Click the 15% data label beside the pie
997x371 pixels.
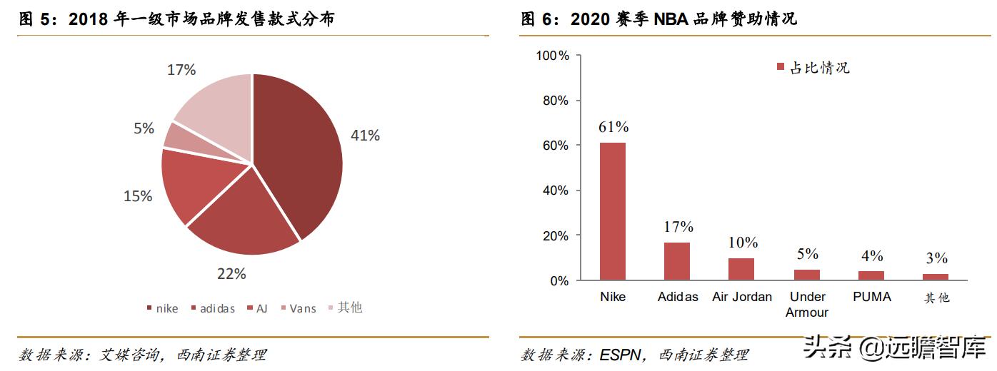click(x=138, y=195)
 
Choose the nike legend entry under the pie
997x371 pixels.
click(x=162, y=308)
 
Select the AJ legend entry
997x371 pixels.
click(x=256, y=308)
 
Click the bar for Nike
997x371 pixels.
click(x=612, y=211)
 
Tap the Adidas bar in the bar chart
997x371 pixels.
click(x=677, y=261)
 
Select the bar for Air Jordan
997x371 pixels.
click(x=741, y=269)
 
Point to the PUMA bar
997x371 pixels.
click(x=871, y=275)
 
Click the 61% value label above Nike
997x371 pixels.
click(x=613, y=128)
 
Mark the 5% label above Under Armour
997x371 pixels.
click(x=807, y=255)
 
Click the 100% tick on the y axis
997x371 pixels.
click(x=553, y=56)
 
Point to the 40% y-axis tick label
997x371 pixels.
click(x=556, y=190)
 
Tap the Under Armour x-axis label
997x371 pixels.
click(x=807, y=305)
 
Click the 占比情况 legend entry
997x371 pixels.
click(x=813, y=68)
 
